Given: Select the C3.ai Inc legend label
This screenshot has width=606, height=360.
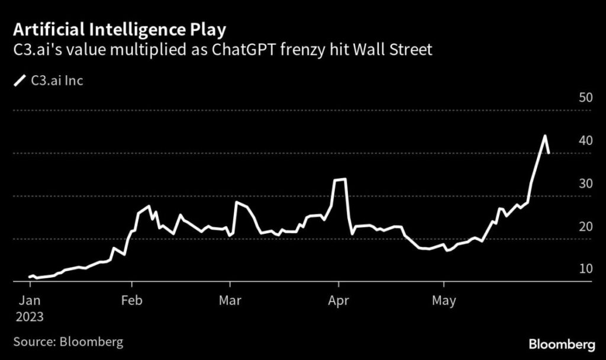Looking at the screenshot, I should pos(57,81).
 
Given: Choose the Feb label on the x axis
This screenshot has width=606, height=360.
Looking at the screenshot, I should pos(131,301).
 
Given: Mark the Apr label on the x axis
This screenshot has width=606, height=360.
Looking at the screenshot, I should pos(338,301).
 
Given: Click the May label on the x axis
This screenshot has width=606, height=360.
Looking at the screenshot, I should pos(444,301).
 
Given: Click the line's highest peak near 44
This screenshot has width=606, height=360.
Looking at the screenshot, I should pos(544,136).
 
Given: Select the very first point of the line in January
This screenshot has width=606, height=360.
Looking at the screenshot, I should pos(30,277).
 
